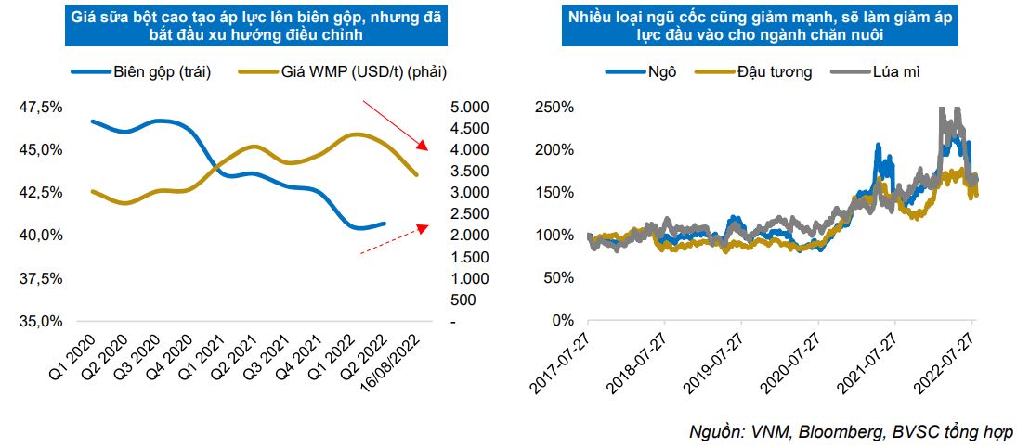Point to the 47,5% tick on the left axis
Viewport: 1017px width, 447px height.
tap(41, 107)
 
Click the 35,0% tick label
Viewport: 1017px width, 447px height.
tap(41, 321)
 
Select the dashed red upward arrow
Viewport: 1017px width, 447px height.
tap(394, 238)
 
